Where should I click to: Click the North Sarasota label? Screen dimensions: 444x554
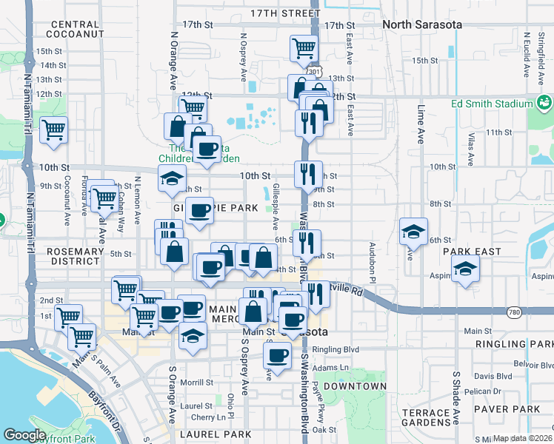422,24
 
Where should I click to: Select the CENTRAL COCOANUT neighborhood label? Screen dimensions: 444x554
74,29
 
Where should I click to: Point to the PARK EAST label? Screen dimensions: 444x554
473,252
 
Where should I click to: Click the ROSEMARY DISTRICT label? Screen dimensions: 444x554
74,257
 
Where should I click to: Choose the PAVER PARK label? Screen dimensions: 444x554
510,408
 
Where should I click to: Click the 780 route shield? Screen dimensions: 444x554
514,313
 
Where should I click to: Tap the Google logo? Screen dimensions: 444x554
24,435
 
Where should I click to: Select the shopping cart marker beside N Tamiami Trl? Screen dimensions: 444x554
54,131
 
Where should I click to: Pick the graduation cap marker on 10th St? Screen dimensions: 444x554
172,179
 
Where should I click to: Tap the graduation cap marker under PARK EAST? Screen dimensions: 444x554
465,269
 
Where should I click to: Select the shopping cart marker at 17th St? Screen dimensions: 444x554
304,49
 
